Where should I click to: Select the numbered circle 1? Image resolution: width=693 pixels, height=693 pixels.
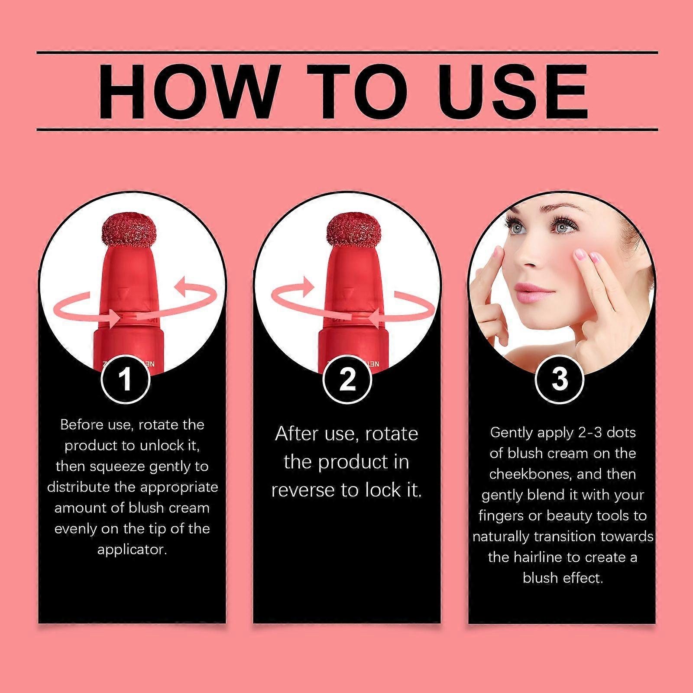coord(126,379)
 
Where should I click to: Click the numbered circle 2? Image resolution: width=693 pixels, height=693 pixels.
coord(347,379)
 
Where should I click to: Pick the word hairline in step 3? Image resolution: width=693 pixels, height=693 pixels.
coord(539,557)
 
